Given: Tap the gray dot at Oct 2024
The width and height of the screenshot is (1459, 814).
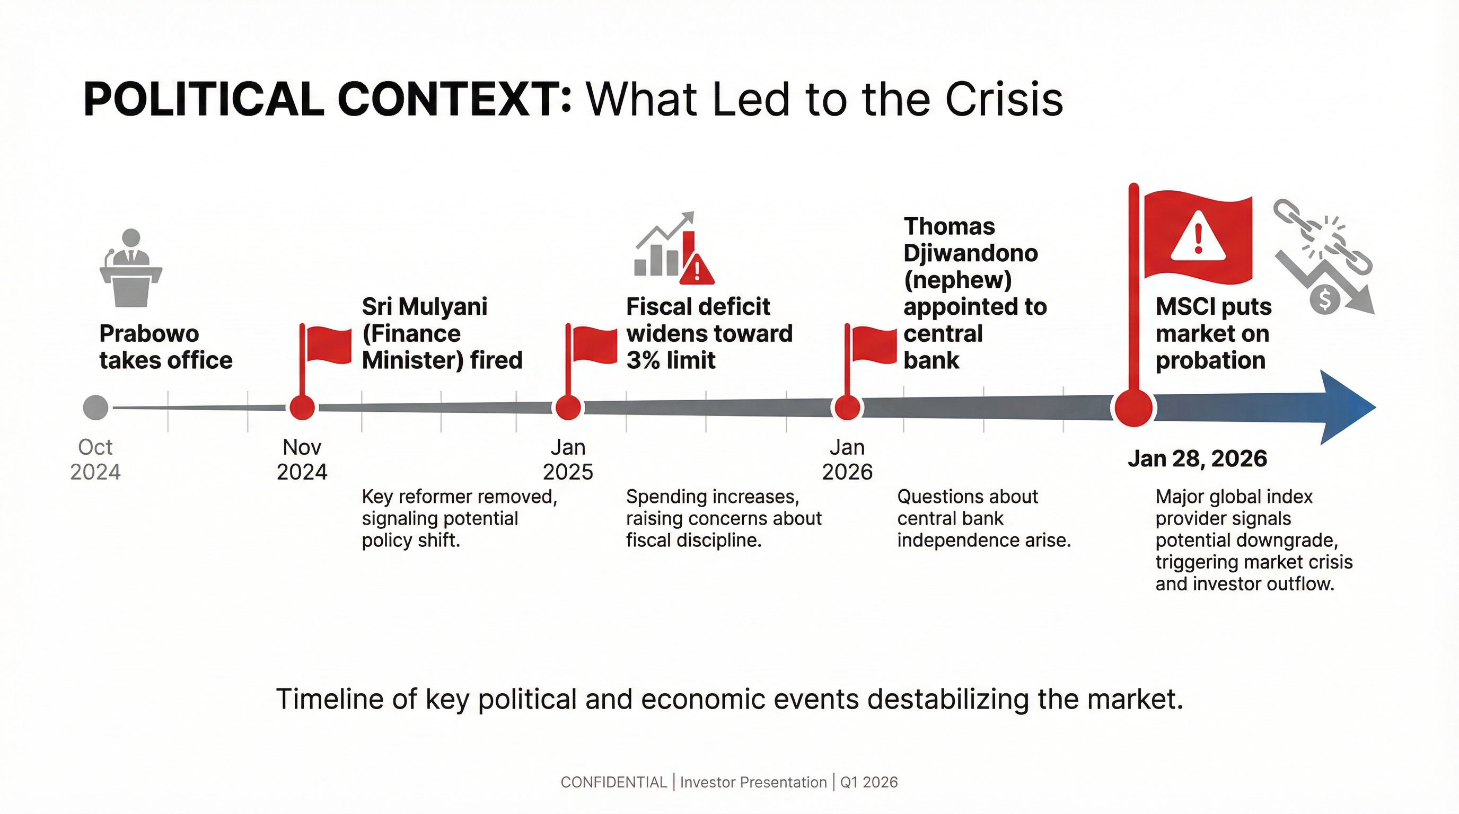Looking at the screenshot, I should pyautogui.click(x=95, y=408).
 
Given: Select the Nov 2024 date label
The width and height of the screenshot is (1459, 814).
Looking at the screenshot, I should pyautogui.click(x=302, y=459).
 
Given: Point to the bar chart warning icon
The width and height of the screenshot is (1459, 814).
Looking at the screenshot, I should pyautogui.click(x=674, y=249).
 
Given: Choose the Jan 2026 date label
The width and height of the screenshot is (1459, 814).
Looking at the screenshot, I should pyautogui.click(x=847, y=459).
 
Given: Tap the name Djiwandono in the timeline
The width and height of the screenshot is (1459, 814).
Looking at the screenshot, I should pyautogui.click(x=970, y=253).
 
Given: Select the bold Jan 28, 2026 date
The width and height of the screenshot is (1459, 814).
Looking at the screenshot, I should pyautogui.click(x=1197, y=458).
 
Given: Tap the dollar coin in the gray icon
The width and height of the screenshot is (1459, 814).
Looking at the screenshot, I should pyautogui.click(x=1325, y=298).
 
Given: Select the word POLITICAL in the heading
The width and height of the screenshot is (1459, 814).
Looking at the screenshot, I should pyautogui.click(x=204, y=100).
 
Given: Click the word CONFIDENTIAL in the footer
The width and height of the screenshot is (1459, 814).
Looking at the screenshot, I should pyautogui.click(x=613, y=782).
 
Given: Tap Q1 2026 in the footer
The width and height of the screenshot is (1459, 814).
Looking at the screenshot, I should pyautogui.click(x=869, y=782).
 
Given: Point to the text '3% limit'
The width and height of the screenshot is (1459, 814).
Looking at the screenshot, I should pyautogui.click(x=671, y=360).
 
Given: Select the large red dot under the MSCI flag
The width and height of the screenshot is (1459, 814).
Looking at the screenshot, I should pyautogui.click(x=1133, y=408).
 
